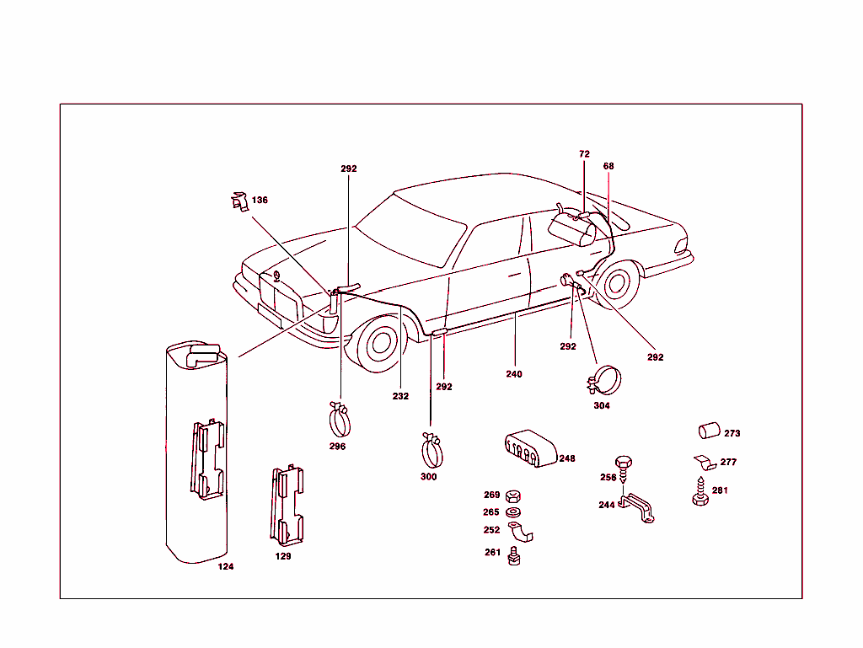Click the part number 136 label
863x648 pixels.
260,201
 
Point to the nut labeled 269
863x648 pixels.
513,495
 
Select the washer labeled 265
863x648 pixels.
513,512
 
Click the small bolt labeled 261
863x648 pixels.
514,556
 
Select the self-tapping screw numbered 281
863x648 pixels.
700,492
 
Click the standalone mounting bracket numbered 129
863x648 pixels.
287,504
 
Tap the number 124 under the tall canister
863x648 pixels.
225,566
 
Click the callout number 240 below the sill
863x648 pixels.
514,374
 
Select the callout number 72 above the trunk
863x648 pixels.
584,154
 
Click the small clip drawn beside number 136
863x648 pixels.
239,201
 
